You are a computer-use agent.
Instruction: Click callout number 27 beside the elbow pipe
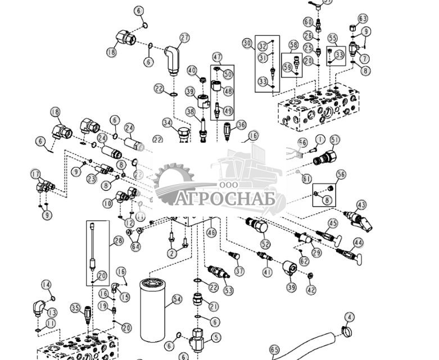click(185, 38)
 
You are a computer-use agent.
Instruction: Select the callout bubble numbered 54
click(178, 300)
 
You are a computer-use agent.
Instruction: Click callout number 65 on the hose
click(274, 350)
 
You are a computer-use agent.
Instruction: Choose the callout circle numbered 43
click(361, 205)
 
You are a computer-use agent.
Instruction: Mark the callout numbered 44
click(358, 243)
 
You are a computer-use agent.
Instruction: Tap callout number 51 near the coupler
click(336, 139)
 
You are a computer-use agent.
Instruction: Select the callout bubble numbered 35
click(75, 307)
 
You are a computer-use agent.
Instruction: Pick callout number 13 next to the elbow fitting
click(52, 312)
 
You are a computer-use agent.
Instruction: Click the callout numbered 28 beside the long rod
click(118, 241)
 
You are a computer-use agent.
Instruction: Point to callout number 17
click(35, 174)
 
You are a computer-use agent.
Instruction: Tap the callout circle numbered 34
click(166, 122)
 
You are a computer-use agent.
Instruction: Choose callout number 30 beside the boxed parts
click(247, 43)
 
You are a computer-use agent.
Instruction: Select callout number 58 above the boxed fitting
click(293, 44)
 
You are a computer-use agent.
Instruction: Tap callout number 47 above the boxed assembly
click(217, 57)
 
